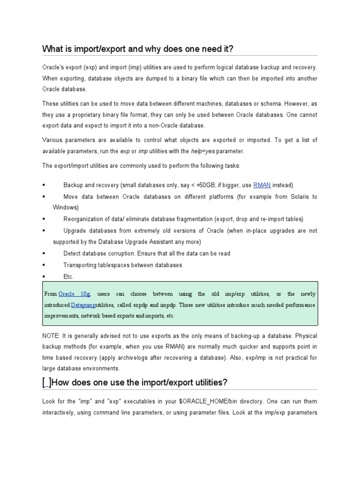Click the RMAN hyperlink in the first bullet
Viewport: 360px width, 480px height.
262,185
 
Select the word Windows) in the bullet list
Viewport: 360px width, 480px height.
66,207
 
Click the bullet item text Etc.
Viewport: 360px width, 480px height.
68,277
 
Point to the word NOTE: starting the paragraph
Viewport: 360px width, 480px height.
52,335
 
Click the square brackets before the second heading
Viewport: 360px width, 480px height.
47,383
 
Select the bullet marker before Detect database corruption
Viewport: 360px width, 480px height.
43,254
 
